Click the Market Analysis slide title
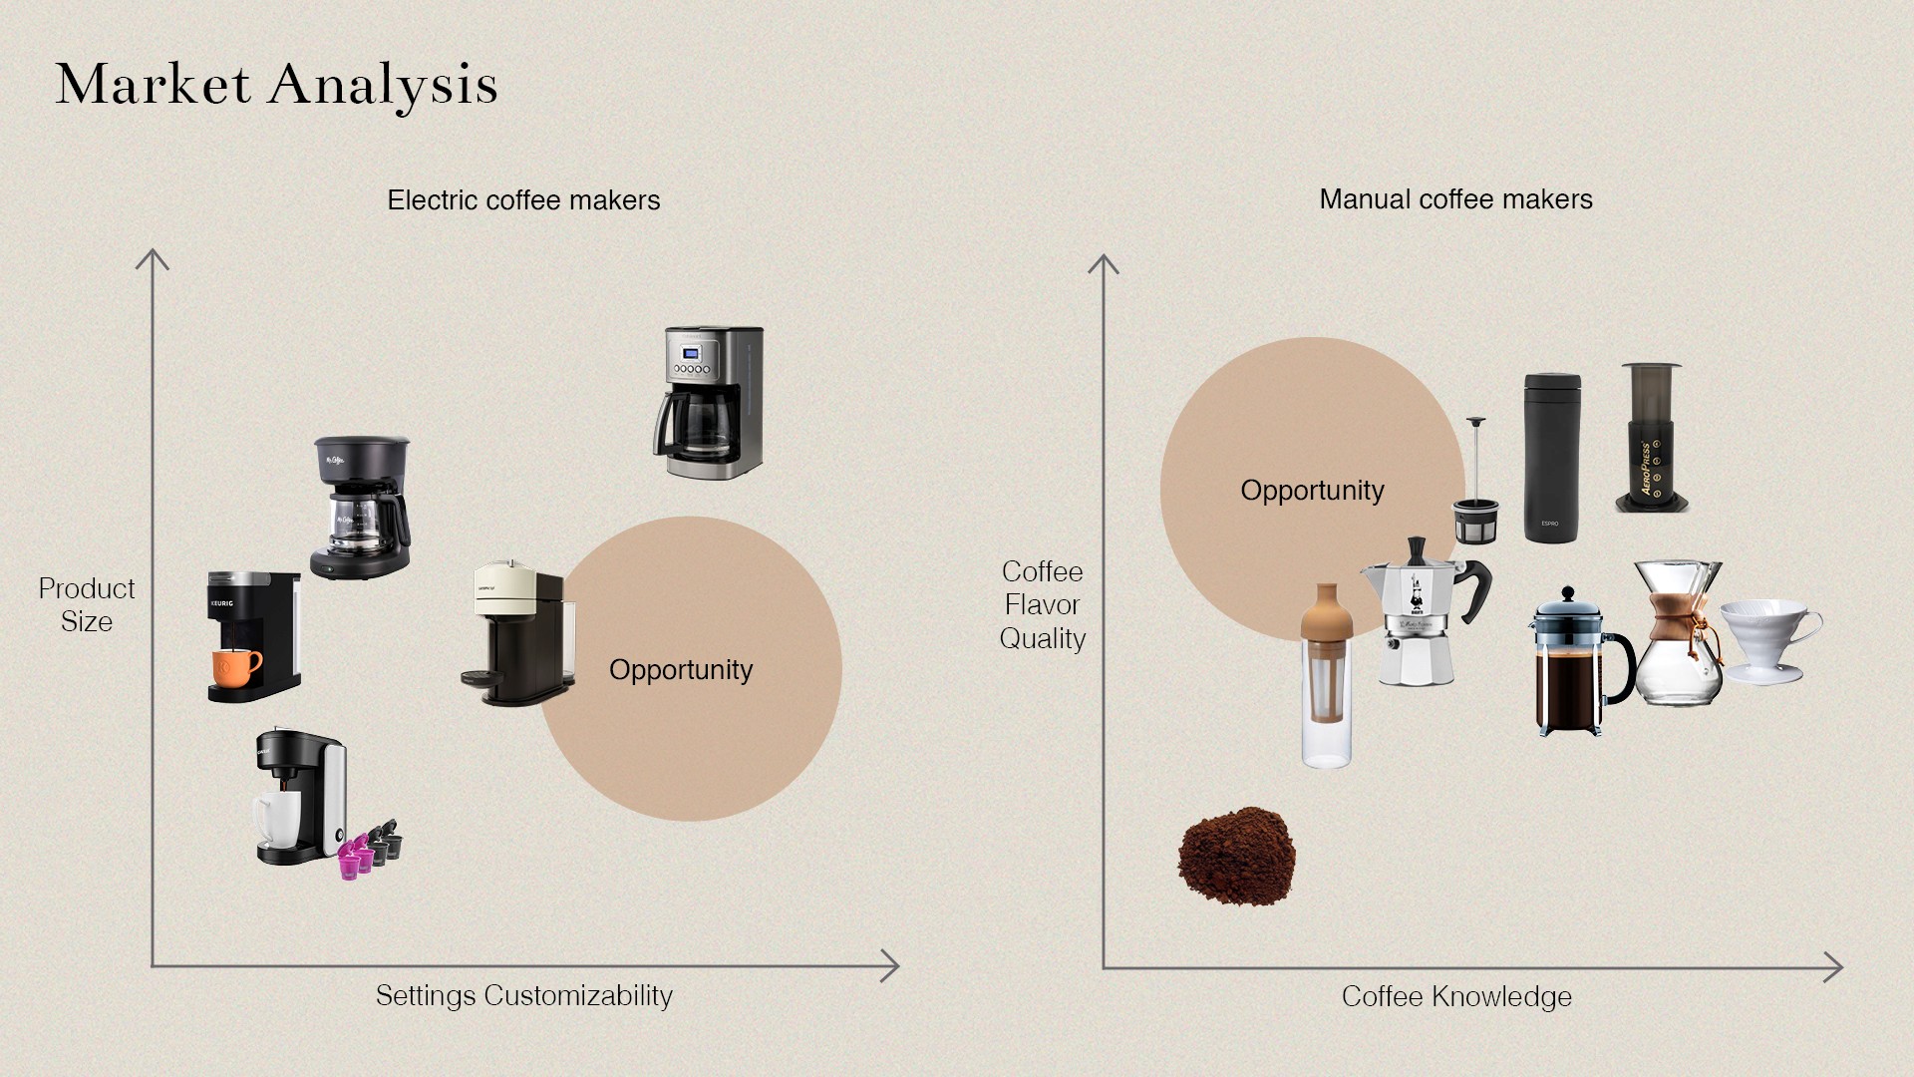point(276,85)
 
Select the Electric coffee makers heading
point(523,200)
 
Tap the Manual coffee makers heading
point(1455,199)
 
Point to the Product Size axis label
point(87,605)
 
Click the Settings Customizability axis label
point(523,995)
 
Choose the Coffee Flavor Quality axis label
point(1042,605)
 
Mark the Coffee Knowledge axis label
point(1455,996)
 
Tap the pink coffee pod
point(351,861)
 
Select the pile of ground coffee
point(1236,856)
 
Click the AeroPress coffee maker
point(1651,439)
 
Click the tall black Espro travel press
point(1551,459)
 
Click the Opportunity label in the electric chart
point(681,670)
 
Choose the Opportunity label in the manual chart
point(1312,491)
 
